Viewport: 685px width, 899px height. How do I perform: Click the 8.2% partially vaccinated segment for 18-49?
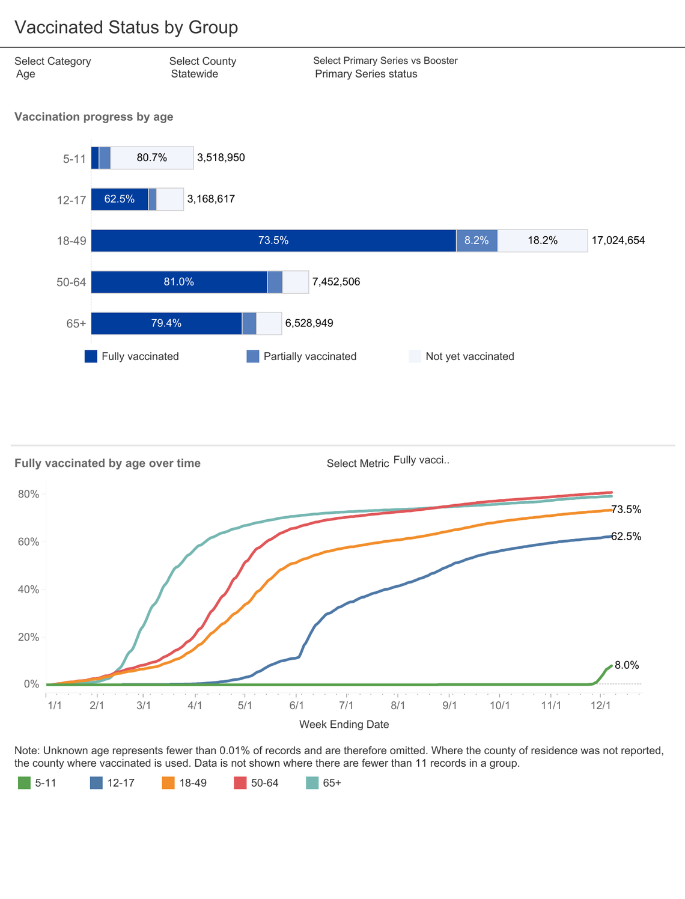tap(476, 240)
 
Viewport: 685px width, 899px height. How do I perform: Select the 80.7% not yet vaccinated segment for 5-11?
tap(152, 158)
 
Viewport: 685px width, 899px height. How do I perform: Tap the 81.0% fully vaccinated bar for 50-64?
tap(179, 282)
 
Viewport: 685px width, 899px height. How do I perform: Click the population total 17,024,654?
tap(618, 240)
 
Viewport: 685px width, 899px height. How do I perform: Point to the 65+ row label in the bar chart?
tap(76, 324)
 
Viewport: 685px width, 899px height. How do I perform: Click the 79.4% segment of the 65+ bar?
tap(166, 323)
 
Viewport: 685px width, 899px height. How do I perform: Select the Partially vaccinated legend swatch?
tap(253, 356)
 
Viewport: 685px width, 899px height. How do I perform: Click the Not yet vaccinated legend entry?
tap(469, 356)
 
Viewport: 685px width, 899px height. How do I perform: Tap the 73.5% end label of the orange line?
tap(626, 510)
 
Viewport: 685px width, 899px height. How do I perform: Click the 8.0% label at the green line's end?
tap(627, 665)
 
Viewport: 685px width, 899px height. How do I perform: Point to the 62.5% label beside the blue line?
tap(626, 537)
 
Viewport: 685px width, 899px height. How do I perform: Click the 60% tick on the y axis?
tap(28, 542)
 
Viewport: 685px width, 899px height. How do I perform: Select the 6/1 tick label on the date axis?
tap(297, 705)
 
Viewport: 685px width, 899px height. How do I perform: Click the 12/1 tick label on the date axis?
tap(601, 705)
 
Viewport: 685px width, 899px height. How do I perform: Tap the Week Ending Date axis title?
tap(344, 725)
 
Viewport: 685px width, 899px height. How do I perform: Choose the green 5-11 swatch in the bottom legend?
tap(24, 783)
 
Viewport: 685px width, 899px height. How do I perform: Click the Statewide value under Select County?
tap(194, 74)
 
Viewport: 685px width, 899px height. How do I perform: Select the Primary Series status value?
tap(366, 74)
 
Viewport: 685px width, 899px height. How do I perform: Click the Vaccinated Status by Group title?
tap(126, 28)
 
